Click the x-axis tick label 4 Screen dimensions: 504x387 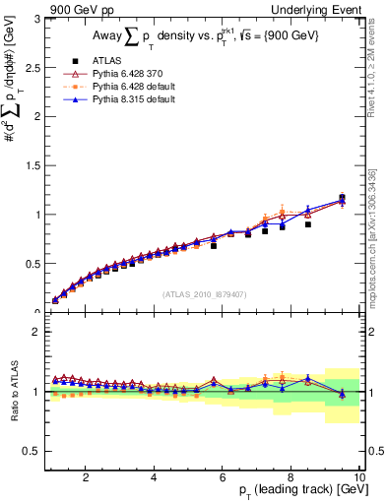point(154,477)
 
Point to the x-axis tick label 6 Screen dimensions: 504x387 point(223,477)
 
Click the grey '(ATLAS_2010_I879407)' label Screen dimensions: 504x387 point(205,294)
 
